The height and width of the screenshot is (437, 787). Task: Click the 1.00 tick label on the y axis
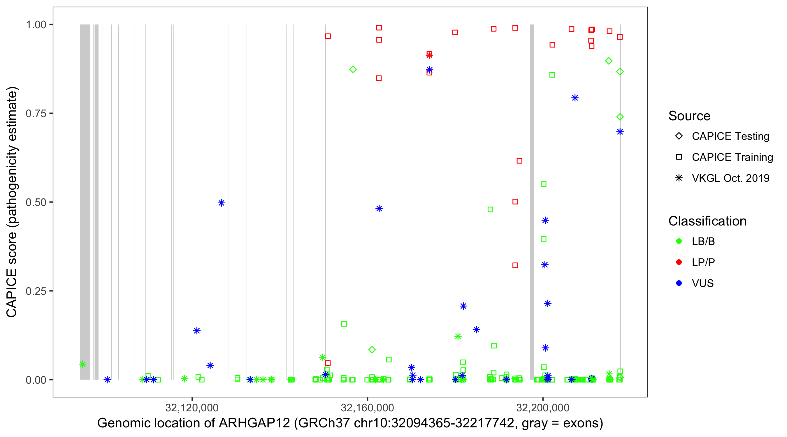(x=36, y=25)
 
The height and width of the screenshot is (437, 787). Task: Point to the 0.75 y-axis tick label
(x=36, y=114)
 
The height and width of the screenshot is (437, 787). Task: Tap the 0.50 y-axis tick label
(x=36, y=202)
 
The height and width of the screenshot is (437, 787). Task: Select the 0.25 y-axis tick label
(x=36, y=291)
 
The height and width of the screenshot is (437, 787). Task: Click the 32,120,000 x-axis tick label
(x=192, y=407)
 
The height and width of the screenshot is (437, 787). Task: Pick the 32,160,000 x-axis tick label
(x=367, y=407)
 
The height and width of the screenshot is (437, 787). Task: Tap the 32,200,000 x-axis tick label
(x=543, y=407)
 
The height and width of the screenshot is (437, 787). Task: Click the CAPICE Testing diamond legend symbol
(x=679, y=136)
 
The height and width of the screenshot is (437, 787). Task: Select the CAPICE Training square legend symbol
(x=679, y=157)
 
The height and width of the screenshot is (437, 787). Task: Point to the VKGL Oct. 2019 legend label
(x=730, y=178)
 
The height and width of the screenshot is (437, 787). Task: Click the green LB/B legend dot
(x=679, y=241)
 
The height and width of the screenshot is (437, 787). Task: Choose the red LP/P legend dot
(x=679, y=262)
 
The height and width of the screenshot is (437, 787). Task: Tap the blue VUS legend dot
(x=679, y=283)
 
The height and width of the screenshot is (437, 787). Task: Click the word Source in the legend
(x=689, y=116)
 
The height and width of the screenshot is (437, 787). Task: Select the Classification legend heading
(x=707, y=221)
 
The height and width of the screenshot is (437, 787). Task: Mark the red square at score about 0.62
(x=519, y=161)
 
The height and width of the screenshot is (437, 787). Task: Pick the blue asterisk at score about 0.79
(x=575, y=98)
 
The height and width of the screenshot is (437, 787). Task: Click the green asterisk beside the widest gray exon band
(x=82, y=364)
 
